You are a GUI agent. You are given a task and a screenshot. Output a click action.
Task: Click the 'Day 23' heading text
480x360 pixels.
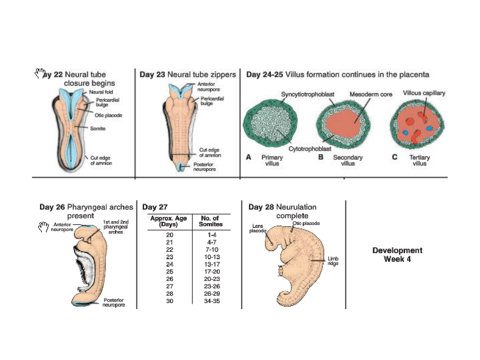click(152, 75)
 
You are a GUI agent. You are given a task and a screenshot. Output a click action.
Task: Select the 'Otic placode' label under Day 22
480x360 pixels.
click(108, 115)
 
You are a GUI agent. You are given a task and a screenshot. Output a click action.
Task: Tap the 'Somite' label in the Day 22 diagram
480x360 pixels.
click(98, 129)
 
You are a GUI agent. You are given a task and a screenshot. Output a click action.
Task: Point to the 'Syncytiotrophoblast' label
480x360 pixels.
click(308, 94)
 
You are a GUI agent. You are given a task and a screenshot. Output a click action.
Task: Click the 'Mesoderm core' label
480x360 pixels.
click(371, 94)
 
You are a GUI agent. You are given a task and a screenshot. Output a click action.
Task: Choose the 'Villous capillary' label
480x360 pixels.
click(424, 93)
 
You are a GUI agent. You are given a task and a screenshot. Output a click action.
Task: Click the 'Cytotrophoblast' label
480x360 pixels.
click(310, 149)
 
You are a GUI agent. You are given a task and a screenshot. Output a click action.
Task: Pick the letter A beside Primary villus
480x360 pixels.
click(249, 157)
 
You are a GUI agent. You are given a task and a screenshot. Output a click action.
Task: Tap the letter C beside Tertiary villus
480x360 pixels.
click(395, 157)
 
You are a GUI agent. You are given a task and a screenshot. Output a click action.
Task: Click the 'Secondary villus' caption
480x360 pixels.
click(348, 160)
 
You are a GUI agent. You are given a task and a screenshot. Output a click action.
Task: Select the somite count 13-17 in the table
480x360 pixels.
click(212, 264)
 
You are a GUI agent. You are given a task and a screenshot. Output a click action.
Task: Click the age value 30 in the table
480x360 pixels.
click(170, 301)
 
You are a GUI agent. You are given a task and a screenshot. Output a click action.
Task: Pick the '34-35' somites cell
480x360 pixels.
click(212, 301)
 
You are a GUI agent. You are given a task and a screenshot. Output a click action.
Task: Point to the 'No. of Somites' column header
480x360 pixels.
click(211, 221)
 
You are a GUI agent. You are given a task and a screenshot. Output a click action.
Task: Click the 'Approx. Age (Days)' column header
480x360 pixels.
click(169, 221)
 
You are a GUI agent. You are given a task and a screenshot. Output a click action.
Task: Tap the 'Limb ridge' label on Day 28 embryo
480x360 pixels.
click(333, 261)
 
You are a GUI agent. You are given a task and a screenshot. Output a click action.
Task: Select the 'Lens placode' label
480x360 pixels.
click(258, 228)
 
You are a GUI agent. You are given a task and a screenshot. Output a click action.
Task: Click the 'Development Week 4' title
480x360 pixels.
click(397, 255)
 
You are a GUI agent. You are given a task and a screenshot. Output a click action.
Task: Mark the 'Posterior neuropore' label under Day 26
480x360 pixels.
click(114, 302)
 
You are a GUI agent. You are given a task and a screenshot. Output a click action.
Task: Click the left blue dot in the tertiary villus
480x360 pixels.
click(406, 132)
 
